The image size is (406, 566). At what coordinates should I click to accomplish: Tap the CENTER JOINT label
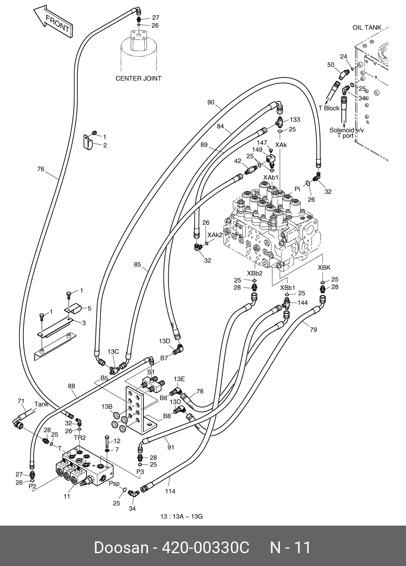tap(138, 79)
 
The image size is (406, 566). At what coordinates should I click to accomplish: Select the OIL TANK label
tap(367, 28)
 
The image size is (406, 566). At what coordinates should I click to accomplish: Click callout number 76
tap(41, 169)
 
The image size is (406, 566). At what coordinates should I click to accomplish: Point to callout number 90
tap(211, 102)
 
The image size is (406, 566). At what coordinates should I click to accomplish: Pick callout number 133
tap(295, 120)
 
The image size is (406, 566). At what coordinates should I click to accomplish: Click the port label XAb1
tap(271, 177)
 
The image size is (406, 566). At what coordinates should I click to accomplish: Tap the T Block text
tap(329, 108)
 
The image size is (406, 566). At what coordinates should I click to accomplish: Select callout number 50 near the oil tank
tap(331, 65)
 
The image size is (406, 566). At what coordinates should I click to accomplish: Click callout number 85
tap(137, 264)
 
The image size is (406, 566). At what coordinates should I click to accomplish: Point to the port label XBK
tap(324, 268)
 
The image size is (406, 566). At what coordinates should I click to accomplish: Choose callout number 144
tap(303, 302)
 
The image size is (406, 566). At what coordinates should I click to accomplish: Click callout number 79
tap(313, 329)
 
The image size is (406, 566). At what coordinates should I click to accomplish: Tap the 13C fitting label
tap(113, 352)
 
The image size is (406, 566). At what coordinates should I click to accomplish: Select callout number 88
tap(71, 386)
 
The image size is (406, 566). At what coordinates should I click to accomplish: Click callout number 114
tap(170, 491)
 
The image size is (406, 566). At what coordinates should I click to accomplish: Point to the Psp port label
tap(114, 483)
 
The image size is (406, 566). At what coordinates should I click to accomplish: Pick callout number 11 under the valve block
tap(66, 496)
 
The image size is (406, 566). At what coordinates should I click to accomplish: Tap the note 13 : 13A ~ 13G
tap(181, 517)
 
